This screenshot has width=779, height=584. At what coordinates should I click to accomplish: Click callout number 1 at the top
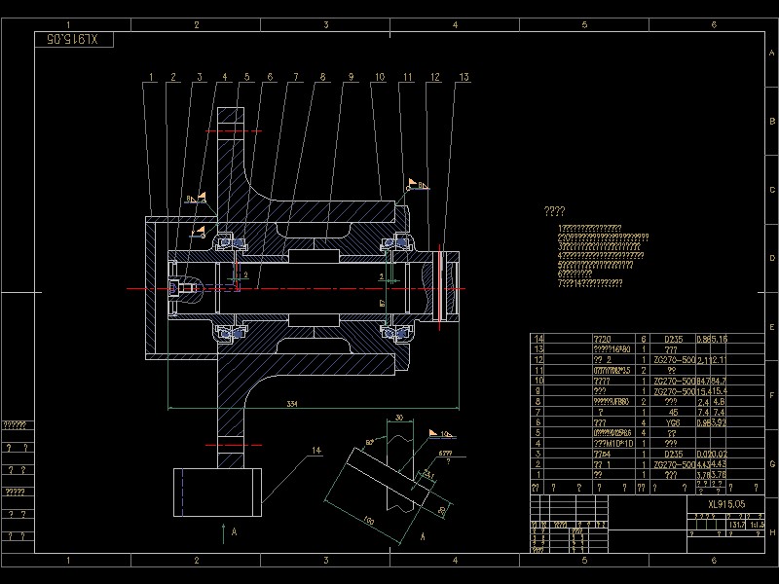[151, 77]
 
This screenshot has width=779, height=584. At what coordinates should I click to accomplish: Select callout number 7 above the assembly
[293, 77]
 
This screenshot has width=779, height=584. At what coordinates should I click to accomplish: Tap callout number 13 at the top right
[464, 77]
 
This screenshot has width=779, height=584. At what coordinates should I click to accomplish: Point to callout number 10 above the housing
[379, 77]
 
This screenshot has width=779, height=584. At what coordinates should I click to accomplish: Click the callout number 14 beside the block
[315, 451]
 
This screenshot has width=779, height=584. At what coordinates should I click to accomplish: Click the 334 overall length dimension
[291, 402]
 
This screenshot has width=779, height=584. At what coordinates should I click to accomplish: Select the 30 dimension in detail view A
[398, 418]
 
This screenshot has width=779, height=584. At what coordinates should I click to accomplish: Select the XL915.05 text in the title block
[726, 504]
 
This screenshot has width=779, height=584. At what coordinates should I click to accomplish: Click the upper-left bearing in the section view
[230, 239]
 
